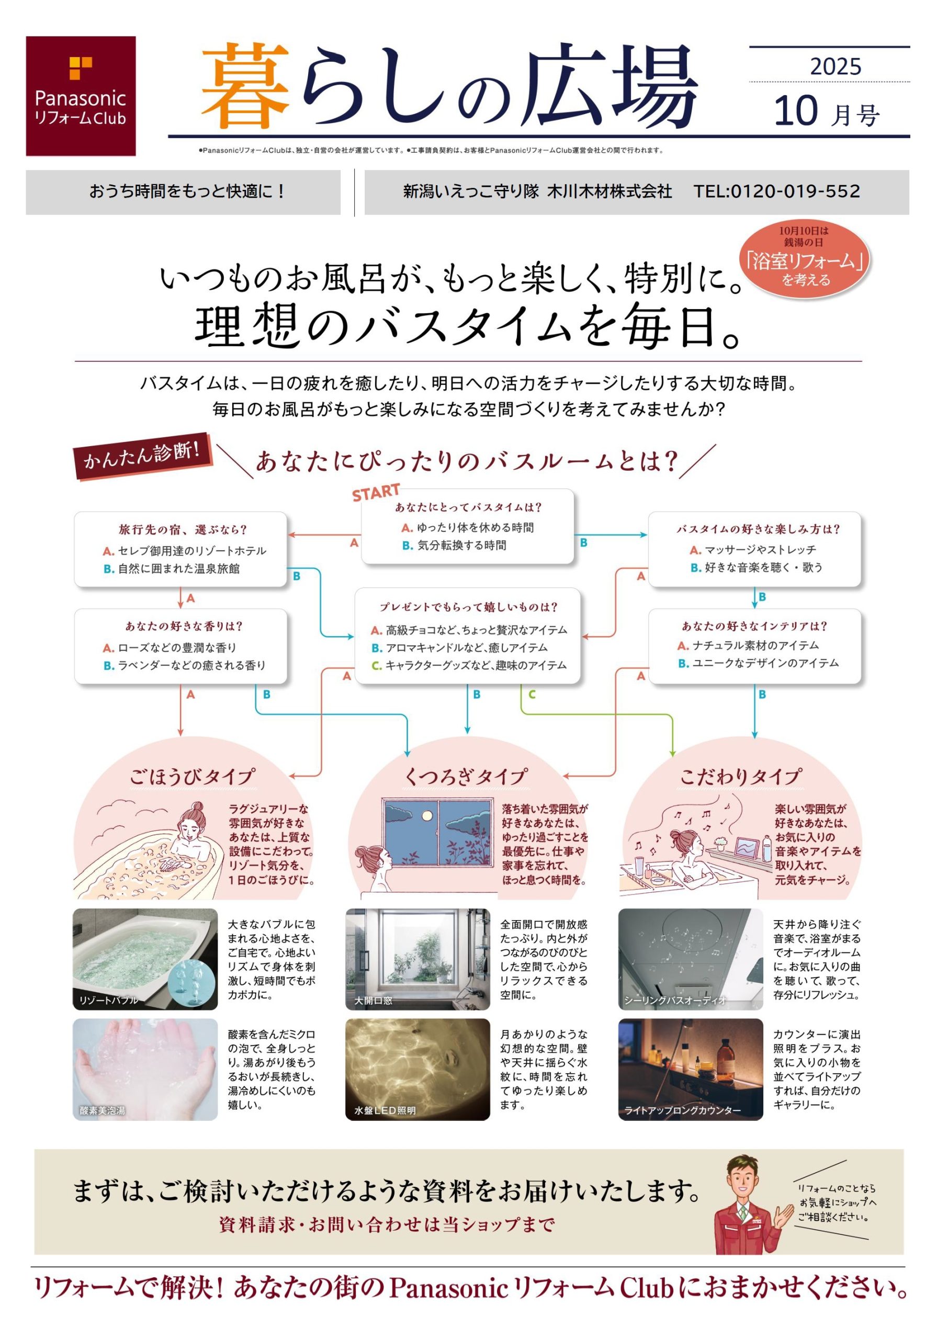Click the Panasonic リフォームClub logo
point(81,96)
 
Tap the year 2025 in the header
point(836,66)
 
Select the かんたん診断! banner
point(143,456)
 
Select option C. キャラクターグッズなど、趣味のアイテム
point(469,665)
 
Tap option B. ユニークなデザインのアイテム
point(758,663)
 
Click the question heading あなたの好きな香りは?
point(184,626)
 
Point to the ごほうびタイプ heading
point(192,777)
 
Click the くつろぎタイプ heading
point(466,777)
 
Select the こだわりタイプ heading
point(740,777)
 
